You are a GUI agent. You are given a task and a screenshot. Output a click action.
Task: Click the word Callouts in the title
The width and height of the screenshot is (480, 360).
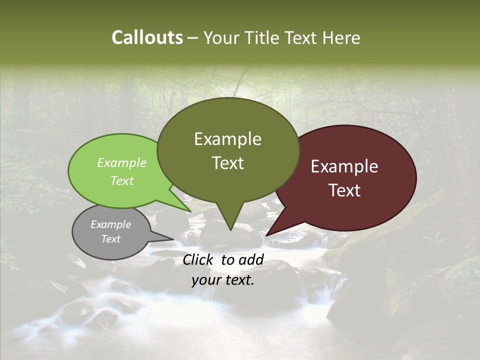click(x=147, y=37)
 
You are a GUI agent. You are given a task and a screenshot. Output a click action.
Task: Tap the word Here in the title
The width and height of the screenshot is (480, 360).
click(x=342, y=37)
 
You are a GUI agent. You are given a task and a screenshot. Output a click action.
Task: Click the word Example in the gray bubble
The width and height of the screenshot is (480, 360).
click(x=110, y=224)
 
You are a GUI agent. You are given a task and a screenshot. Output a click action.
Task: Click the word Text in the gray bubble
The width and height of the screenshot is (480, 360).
click(x=110, y=239)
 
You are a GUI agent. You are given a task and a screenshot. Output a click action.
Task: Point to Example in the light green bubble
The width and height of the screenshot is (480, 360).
click(x=122, y=163)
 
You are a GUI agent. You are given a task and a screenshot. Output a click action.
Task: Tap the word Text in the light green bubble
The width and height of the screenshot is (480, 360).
click(x=122, y=180)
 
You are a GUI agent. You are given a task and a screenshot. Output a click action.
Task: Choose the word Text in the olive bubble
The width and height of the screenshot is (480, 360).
click(x=227, y=162)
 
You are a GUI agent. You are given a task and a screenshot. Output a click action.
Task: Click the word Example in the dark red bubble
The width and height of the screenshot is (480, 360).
click(x=344, y=166)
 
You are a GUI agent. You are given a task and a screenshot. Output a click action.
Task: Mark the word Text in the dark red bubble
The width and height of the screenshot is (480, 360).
click(x=344, y=190)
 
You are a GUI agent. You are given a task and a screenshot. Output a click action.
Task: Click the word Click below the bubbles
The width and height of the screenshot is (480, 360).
click(x=198, y=259)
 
